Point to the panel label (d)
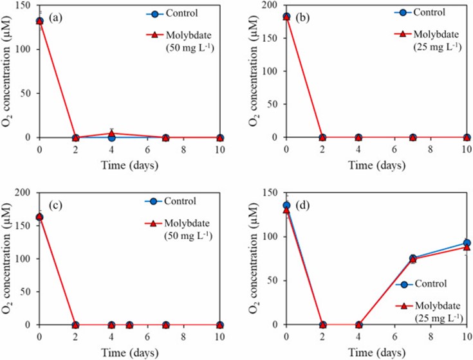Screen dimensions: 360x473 304,206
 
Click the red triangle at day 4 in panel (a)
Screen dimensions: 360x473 111,134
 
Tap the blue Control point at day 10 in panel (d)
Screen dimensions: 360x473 467,243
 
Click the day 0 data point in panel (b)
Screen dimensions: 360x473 286,17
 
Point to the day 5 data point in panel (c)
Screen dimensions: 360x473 129,325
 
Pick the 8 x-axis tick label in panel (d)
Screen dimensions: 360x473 431,336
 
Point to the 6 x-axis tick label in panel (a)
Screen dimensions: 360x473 147,148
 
